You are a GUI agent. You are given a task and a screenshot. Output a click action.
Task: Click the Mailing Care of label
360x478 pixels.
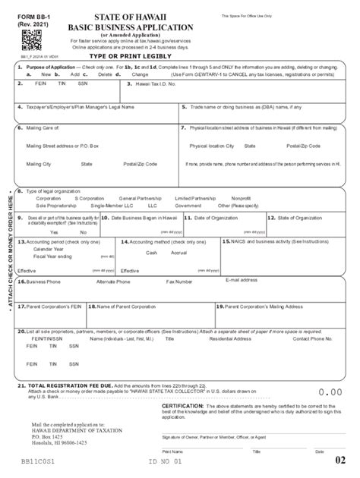[x=39, y=128]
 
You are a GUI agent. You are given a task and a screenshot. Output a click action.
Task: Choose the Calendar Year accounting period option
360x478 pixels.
[x=48, y=249]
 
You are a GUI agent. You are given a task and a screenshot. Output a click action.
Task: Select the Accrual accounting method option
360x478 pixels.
[x=178, y=252]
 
